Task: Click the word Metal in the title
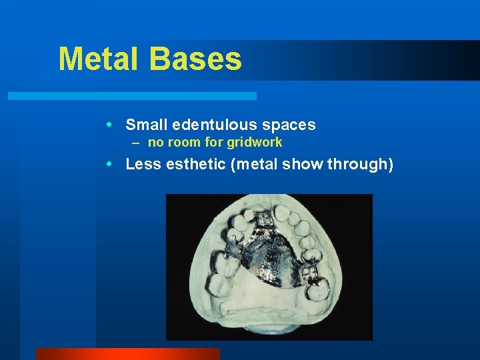[x=99, y=59]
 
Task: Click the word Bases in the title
[x=195, y=59]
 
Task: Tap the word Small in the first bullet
[x=146, y=125]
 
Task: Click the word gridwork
[x=254, y=142]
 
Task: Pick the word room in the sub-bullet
[x=181, y=142]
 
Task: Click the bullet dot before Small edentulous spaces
[x=117, y=125]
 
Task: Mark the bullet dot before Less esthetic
[x=117, y=164]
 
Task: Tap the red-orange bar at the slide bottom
[x=127, y=353]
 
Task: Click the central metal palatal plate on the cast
[x=267, y=253]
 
